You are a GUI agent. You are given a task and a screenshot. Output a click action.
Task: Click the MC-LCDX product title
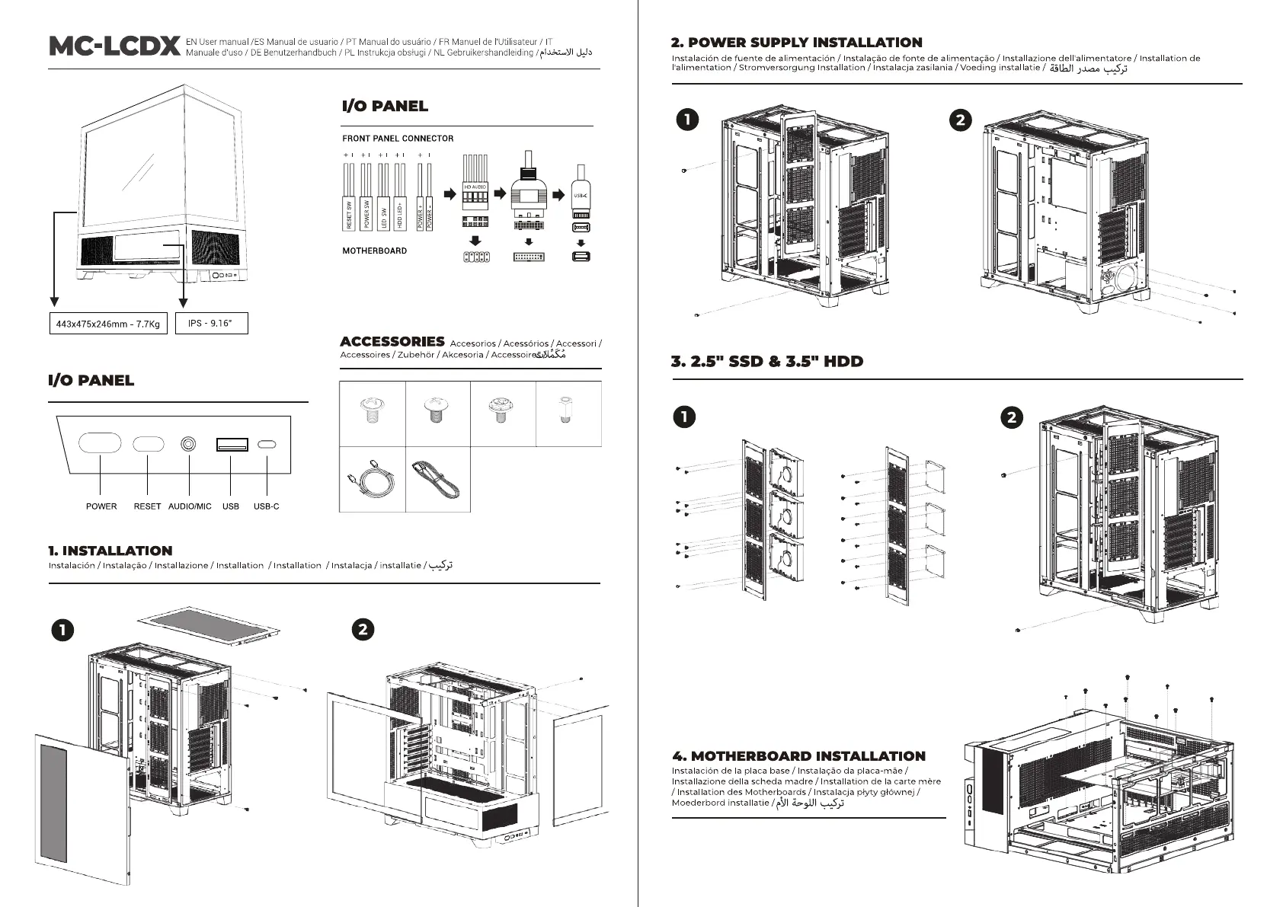(114, 46)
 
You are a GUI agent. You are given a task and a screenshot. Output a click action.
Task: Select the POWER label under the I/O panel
(101, 506)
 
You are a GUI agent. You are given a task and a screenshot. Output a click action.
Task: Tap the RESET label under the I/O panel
(147, 506)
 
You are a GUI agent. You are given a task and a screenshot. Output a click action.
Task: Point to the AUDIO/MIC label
(190, 506)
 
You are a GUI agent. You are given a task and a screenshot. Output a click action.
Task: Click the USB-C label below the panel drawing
(266, 506)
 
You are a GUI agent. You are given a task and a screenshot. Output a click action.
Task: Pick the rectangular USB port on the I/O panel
(231, 444)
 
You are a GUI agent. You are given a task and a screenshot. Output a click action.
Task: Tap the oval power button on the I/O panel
(101, 443)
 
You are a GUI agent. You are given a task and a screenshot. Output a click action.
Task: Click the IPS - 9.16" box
(211, 323)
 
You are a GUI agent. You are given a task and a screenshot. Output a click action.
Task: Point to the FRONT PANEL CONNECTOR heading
(398, 139)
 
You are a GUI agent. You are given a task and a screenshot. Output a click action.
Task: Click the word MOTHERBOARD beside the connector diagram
(374, 251)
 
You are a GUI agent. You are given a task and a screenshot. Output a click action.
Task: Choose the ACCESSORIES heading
(392, 342)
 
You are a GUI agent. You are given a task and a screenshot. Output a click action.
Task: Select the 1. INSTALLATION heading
(110, 551)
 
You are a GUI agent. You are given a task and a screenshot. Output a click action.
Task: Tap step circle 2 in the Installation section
(364, 629)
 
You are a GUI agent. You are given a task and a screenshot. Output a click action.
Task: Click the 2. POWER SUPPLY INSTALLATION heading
(796, 43)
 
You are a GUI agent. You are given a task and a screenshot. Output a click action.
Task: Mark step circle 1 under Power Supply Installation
(687, 120)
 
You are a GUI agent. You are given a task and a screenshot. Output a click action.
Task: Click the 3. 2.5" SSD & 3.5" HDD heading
(767, 362)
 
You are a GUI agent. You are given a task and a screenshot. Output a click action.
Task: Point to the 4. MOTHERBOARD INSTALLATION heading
(798, 756)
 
